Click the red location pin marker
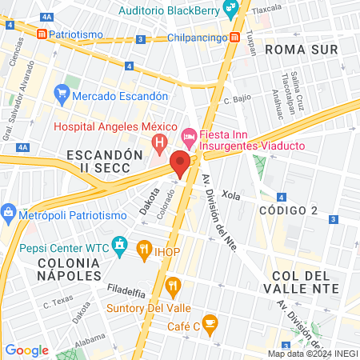[180, 164]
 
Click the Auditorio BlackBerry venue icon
[231, 10]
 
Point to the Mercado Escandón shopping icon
[62, 95]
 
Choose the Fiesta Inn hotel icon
[189, 138]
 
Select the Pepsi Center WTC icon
[120, 242]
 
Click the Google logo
[26, 350]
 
